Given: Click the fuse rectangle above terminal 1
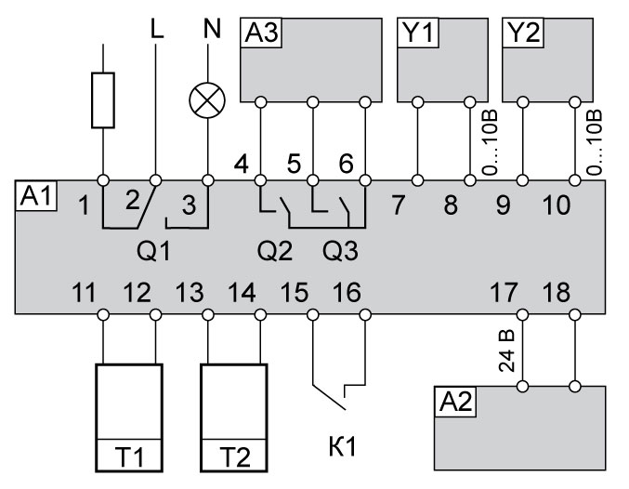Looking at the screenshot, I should pyautogui.click(x=103, y=99).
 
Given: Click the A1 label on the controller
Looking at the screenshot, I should pyautogui.click(x=34, y=197).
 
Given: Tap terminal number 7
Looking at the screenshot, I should pyautogui.click(x=398, y=205).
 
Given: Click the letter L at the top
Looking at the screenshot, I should pyautogui.click(x=155, y=29).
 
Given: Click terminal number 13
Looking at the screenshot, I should pyautogui.click(x=190, y=294).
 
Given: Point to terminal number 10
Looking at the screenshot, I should pyautogui.click(x=556, y=205).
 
